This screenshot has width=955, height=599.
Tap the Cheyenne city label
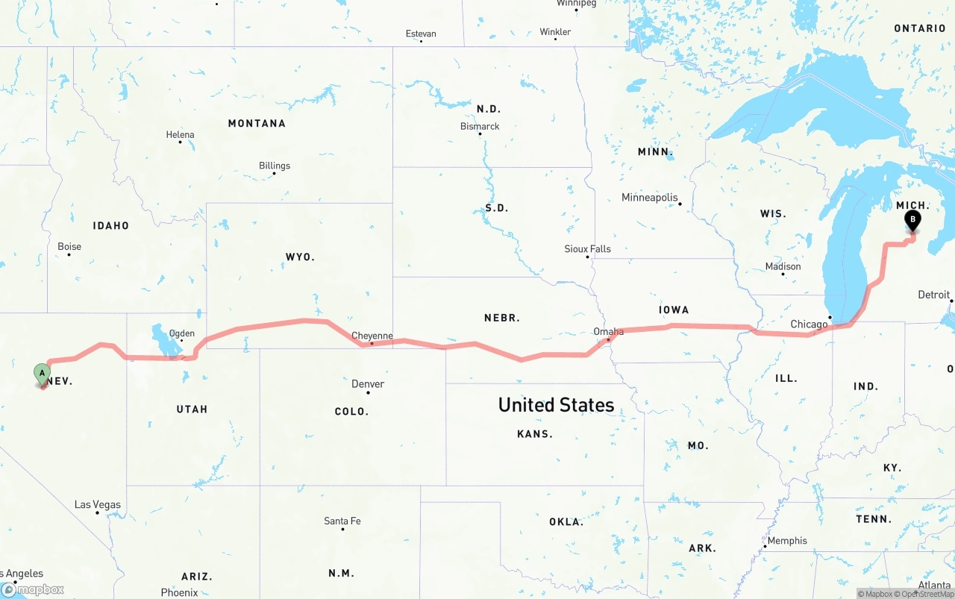click(372, 336)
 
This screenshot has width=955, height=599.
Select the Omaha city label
click(608, 332)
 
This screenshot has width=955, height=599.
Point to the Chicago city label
click(809, 324)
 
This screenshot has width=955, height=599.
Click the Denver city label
click(368, 384)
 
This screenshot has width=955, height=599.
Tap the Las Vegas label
click(97, 505)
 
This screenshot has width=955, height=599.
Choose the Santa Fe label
click(342, 521)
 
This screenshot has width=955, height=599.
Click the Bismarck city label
click(480, 127)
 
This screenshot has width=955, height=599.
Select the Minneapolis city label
click(650, 198)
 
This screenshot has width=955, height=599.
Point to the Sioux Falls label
click(587, 249)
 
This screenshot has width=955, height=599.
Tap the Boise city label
click(69, 247)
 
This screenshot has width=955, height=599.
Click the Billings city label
click(275, 166)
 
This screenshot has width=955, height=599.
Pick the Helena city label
click(180, 135)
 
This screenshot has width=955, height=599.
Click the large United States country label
click(556, 405)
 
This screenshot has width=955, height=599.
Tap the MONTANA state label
click(257, 123)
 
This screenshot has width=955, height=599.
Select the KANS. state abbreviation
click(535, 434)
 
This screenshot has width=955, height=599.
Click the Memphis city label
click(787, 541)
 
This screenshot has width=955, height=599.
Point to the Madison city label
click(783, 266)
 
